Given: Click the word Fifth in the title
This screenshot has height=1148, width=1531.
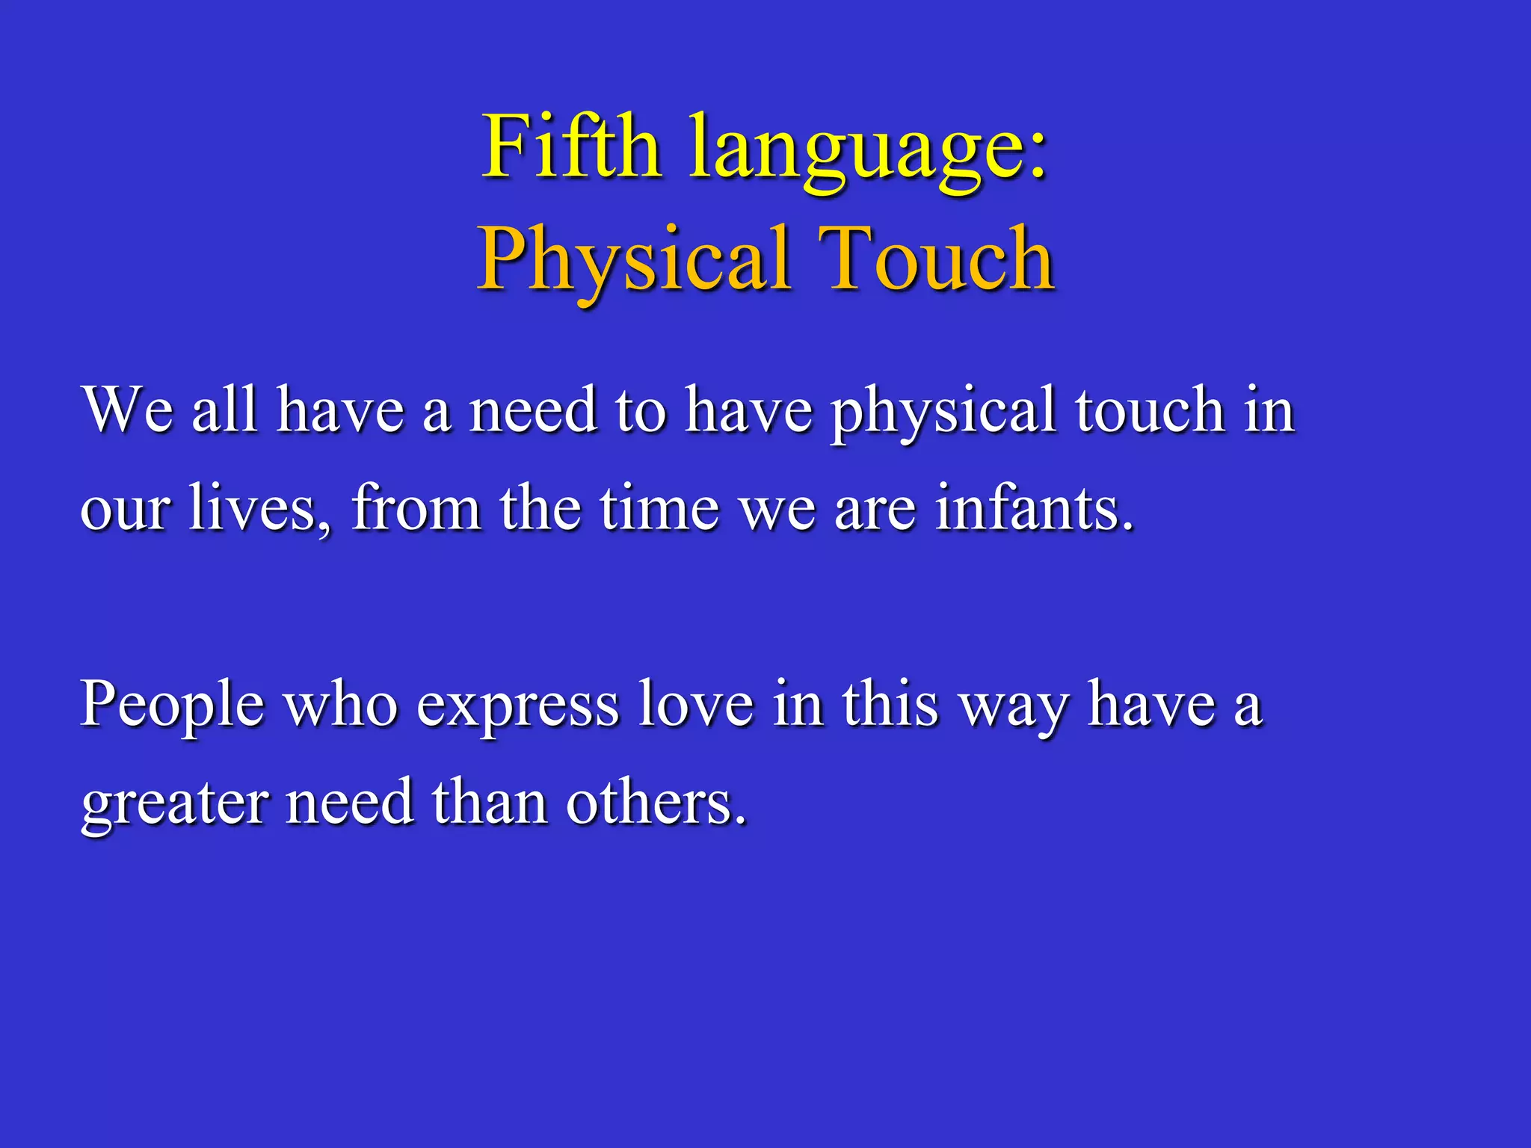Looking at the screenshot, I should tap(572, 146).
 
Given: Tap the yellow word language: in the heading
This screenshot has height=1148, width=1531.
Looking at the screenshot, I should tap(867, 149).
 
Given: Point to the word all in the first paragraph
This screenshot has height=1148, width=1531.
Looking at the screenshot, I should tap(225, 410).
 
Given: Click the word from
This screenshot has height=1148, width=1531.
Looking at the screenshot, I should tap(416, 508).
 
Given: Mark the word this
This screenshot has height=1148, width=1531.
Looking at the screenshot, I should tap(890, 704).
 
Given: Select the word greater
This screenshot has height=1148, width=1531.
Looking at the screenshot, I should tap(174, 804).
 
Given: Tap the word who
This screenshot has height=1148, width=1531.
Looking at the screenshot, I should tap(342, 704).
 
